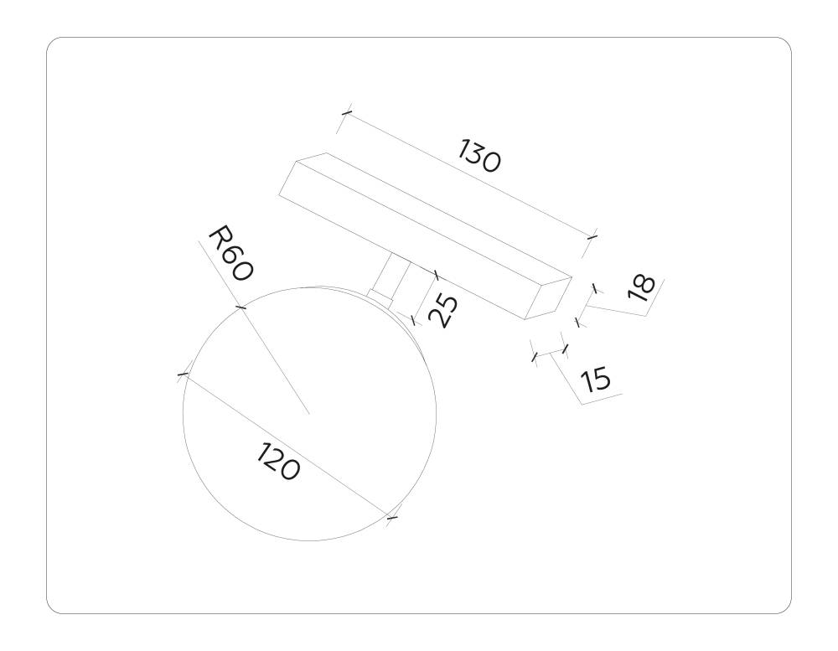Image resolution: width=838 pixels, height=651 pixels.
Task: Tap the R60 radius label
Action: [x=230, y=253]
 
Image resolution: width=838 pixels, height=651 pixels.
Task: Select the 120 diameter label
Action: [x=277, y=462]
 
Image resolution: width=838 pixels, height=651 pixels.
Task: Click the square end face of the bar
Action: [x=548, y=297]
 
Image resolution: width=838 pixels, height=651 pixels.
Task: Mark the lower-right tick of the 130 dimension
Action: [x=592, y=238]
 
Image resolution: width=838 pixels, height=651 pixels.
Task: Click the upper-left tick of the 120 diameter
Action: [x=183, y=375]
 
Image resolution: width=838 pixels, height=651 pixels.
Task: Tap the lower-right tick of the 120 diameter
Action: [x=391, y=519]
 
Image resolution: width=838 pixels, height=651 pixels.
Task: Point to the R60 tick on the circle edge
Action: [x=241, y=307]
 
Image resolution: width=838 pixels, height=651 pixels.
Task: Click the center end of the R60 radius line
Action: [x=309, y=414]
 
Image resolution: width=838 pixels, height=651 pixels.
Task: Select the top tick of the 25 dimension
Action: [x=436, y=273]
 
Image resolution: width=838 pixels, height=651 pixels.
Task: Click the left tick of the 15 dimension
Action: [x=535, y=358]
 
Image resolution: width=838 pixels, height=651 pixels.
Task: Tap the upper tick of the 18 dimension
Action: [x=594, y=288]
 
